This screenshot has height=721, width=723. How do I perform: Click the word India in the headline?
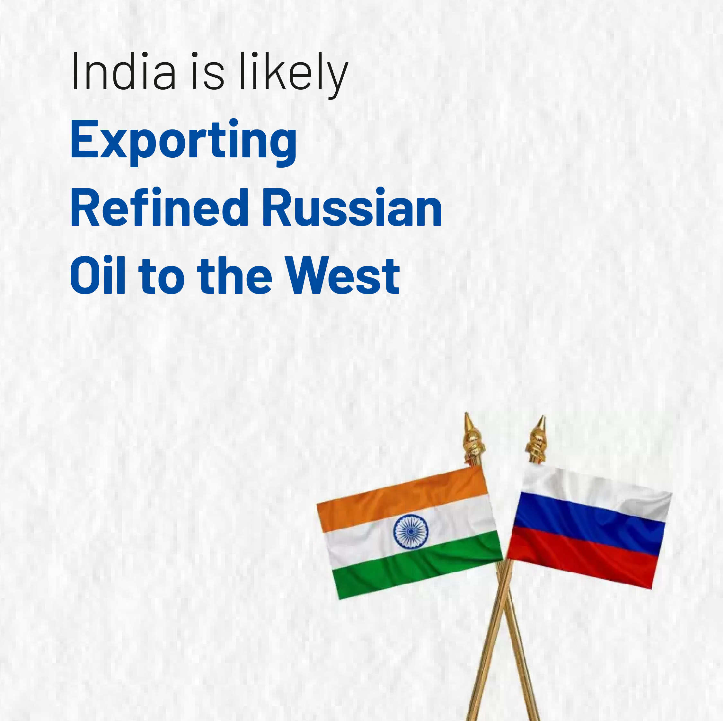tap(123, 71)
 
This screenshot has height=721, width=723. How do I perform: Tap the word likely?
tap(294, 75)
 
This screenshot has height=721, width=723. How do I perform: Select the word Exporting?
tap(183, 142)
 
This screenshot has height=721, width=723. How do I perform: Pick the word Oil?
tap(98, 275)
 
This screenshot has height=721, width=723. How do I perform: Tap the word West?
tap(342, 275)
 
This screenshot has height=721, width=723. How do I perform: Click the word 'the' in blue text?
tap(235, 275)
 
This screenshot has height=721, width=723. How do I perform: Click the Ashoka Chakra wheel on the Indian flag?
tap(411, 531)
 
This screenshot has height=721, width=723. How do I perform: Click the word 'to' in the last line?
tap(162, 277)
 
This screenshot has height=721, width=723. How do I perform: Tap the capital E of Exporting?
tap(84, 138)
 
